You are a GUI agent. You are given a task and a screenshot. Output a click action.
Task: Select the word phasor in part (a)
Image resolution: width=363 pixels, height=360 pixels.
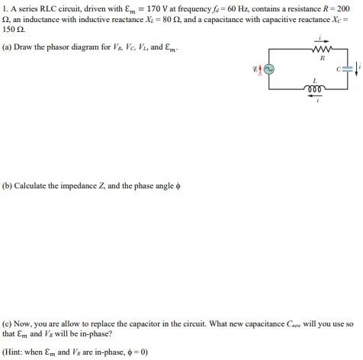click(x=51, y=47)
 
